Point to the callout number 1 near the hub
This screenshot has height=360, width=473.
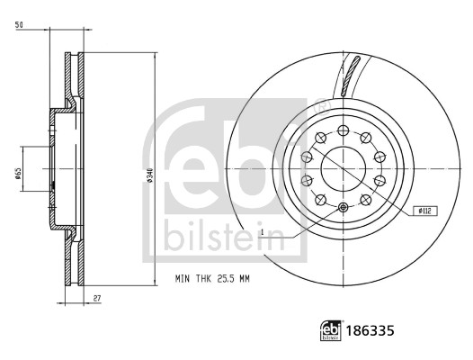tap(262, 233)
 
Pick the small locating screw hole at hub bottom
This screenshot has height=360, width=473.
tap(344, 208)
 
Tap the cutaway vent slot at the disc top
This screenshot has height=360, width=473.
tap(351, 76)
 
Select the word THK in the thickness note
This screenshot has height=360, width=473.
tap(200, 278)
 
